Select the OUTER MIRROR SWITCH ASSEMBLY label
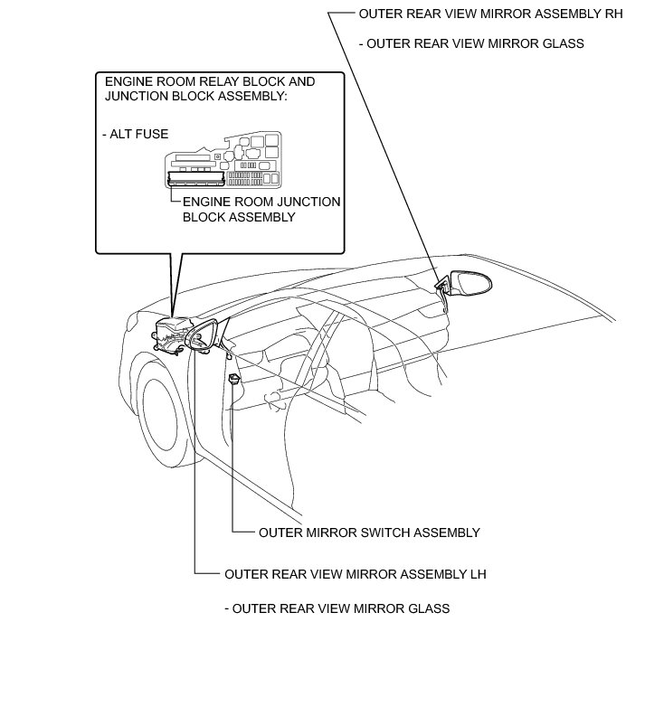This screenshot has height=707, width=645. pos(369,533)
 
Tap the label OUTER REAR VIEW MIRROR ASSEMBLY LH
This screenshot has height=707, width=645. pos(356,573)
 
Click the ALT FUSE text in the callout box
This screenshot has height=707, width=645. pos(137,134)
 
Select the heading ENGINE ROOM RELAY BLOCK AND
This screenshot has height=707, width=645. pos(210,81)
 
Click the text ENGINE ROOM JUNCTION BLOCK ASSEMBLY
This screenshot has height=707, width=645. pos(261,210)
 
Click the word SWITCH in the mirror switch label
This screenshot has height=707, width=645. pos(378,533)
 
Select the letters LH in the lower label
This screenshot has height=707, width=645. pos(479,573)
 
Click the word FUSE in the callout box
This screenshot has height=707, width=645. pos(153,134)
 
